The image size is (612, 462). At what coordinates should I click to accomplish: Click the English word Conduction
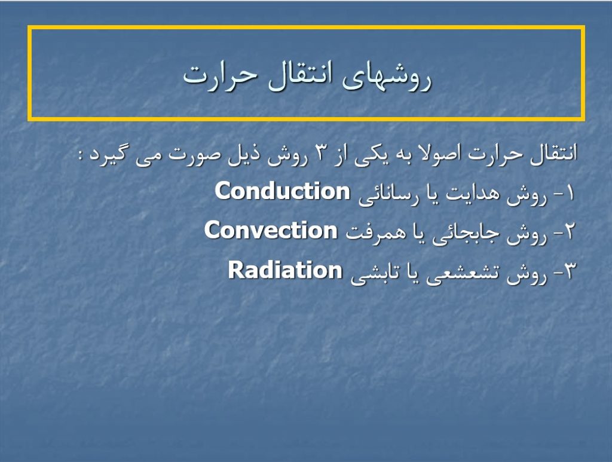tap(282, 191)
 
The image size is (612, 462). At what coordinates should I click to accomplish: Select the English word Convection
tap(271, 230)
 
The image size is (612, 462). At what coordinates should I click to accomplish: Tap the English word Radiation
tap(285, 270)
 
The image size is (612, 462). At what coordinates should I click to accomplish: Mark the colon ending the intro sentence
tap(81, 155)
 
